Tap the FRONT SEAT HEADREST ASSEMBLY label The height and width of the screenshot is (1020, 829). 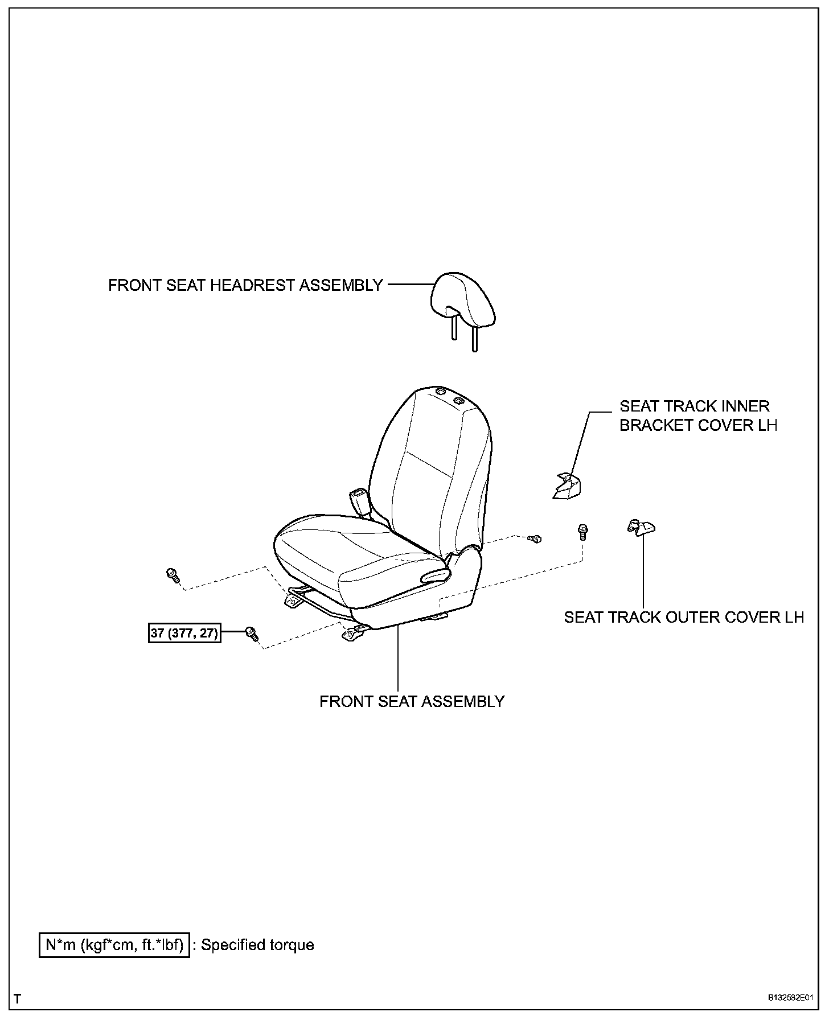[245, 285]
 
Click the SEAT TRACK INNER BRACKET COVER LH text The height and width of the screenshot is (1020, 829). [698, 416]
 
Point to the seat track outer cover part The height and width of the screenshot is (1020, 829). [641, 528]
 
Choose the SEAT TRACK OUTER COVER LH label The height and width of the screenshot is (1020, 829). [684, 617]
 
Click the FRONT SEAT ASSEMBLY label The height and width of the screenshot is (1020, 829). [412, 701]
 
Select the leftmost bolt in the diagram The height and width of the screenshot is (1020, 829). [172, 575]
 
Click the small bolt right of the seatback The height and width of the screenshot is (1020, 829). [535, 538]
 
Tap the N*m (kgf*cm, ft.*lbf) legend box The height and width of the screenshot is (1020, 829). [114, 945]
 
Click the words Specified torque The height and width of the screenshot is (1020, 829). [257, 945]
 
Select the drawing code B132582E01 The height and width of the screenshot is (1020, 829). [790, 998]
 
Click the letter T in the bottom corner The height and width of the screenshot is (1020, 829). [18, 999]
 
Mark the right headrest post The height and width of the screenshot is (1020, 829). [474, 340]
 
